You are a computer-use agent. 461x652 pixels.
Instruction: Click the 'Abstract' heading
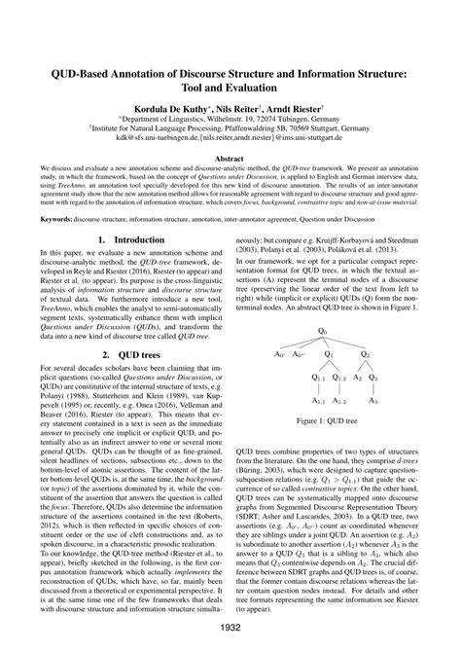click(230, 157)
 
